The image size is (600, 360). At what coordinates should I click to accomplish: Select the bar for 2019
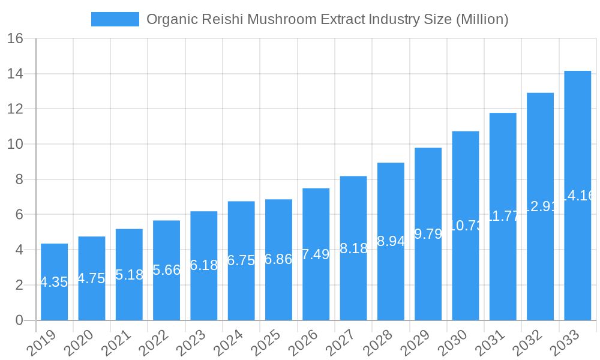coord(54,281)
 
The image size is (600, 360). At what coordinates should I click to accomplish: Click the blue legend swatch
coord(115,19)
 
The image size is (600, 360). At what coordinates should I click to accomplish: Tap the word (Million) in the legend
coord(482,19)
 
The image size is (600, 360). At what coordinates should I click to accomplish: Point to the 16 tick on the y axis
coord(15,39)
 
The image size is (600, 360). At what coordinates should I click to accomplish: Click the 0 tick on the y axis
coord(19,320)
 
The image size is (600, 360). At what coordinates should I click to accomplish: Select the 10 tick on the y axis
coord(15,145)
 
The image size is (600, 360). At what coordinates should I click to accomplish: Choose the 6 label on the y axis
coord(19,215)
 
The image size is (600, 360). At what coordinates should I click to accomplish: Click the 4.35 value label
coord(54,282)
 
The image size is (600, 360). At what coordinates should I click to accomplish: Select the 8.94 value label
coord(391,242)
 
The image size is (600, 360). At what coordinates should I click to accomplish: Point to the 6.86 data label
coord(278,260)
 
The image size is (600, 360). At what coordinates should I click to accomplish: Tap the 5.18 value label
coord(129,275)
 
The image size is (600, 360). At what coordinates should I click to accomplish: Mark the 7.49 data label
coord(316,254)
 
